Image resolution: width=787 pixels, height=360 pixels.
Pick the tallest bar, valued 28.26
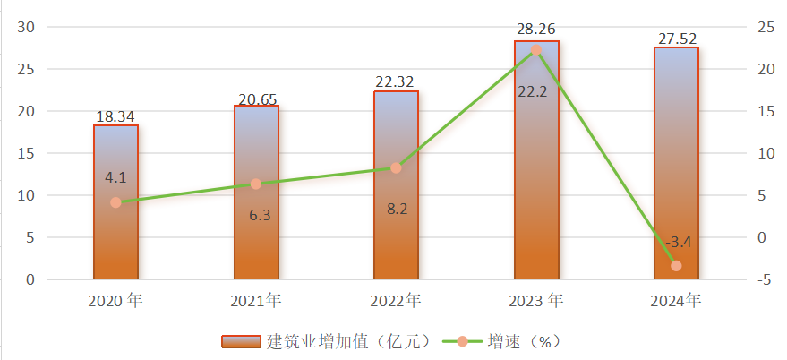(x=536, y=179)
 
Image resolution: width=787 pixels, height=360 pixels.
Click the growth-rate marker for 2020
(x=115, y=202)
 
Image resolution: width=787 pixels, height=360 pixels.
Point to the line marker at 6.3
(x=256, y=184)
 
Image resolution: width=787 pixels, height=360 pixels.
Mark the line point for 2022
(x=396, y=167)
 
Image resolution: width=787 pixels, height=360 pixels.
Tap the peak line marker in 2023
(x=536, y=50)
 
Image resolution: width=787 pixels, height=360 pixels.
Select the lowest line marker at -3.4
(x=676, y=266)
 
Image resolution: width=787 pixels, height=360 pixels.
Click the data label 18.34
(x=115, y=116)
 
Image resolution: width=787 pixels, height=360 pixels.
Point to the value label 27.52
(x=676, y=39)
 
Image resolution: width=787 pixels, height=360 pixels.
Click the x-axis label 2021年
(x=256, y=301)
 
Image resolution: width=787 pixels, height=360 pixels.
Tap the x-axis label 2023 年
(x=537, y=301)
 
